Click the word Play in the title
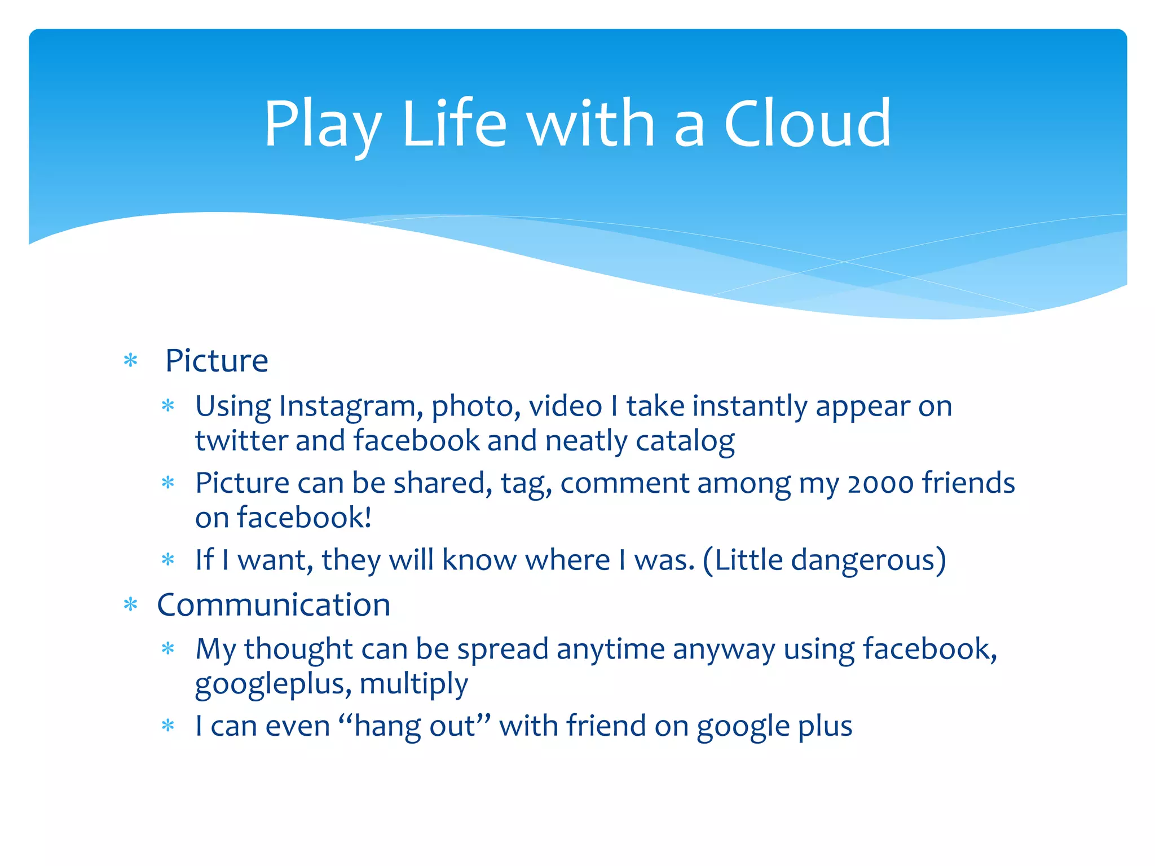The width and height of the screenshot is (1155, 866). tap(322, 125)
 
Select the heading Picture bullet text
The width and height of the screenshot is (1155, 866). tap(217, 361)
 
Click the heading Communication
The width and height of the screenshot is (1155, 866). tap(274, 605)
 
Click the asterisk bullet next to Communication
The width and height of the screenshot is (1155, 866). tap(131, 606)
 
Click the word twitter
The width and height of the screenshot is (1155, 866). tap(241, 440)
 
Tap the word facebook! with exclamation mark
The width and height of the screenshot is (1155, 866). tap(304, 518)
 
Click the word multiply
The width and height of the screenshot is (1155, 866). tap(413, 684)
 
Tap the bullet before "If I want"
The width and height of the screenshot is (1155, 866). tap(168, 560)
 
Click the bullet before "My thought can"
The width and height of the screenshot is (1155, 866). tap(168, 649)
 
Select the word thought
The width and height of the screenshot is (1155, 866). tap(298, 649)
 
